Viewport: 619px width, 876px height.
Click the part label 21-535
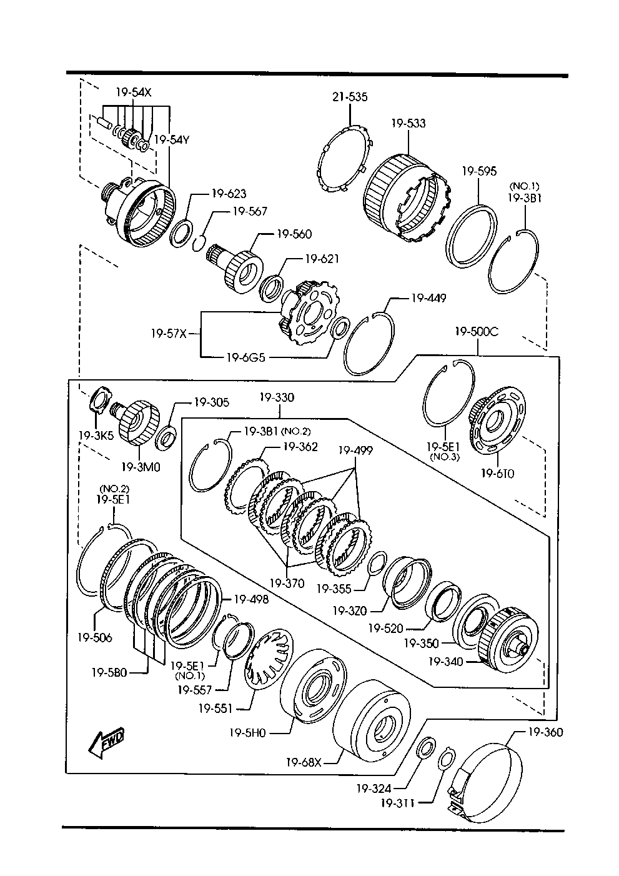(x=349, y=97)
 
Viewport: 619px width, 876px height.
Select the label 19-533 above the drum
(x=409, y=124)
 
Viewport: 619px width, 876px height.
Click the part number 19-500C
(x=477, y=332)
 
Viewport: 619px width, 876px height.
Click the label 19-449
(x=428, y=298)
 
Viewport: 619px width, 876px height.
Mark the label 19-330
(x=277, y=397)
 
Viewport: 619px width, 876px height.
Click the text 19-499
(x=356, y=450)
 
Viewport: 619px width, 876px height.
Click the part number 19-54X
(x=134, y=92)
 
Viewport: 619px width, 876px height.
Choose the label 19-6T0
(x=497, y=473)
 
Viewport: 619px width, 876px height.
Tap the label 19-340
(x=446, y=661)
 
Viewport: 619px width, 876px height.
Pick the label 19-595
(x=479, y=171)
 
